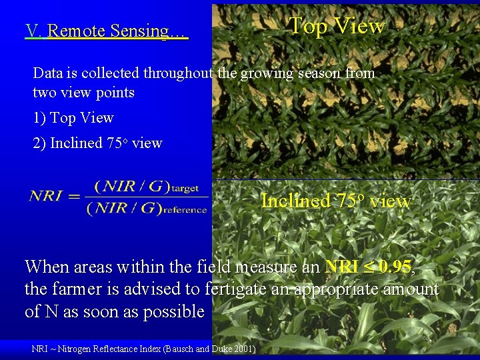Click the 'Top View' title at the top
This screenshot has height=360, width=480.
tap(337, 26)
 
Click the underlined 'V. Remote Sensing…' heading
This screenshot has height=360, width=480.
tap(107, 31)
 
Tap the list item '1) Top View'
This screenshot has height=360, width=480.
tap(73, 118)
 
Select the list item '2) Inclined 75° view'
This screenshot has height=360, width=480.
tap(97, 143)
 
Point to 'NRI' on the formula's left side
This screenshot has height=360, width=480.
tap(46, 196)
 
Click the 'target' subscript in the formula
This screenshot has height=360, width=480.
tap(185, 189)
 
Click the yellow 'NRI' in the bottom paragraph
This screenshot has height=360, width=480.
tap(341, 267)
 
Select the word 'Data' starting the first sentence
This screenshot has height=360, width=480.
tap(47, 73)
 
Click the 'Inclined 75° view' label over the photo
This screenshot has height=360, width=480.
tap(336, 201)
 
